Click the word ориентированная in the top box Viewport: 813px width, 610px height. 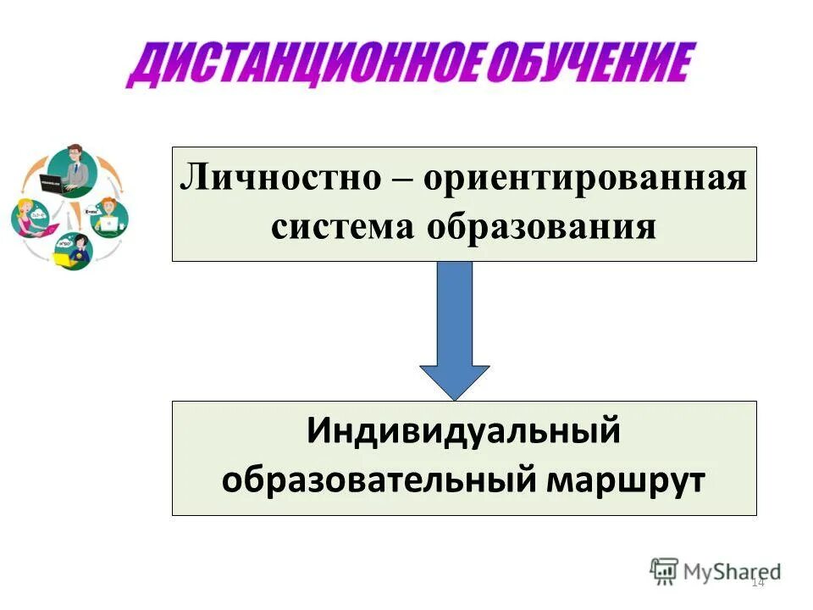[585, 180]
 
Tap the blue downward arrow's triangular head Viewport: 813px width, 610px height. [455, 380]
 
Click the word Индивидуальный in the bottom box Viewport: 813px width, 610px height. [464, 434]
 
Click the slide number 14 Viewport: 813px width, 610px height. [757, 582]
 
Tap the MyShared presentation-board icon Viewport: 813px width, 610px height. [665, 571]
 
